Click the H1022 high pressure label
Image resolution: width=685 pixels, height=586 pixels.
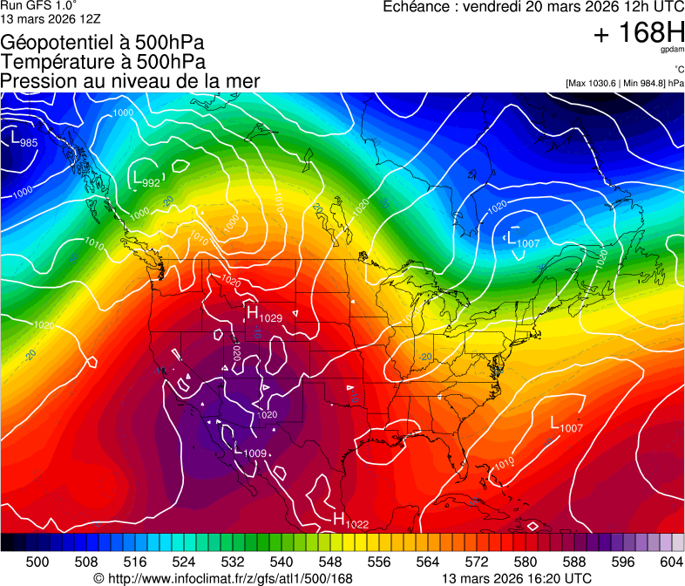click(x=351, y=520)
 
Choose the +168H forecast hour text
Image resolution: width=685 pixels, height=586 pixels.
click(x=638, y=34)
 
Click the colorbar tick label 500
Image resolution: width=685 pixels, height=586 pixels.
click(x=37, y=562)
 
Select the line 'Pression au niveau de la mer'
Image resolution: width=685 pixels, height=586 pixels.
click(x=130, y=81)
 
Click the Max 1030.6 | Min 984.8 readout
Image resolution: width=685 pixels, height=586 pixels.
click(x=624, y=83)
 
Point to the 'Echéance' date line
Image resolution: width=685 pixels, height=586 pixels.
click(x=533, y=7)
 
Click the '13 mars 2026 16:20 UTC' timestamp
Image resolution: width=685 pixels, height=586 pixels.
click(x=517, y=577)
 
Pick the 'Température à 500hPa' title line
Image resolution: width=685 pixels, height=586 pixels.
click(x=103, y=62)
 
